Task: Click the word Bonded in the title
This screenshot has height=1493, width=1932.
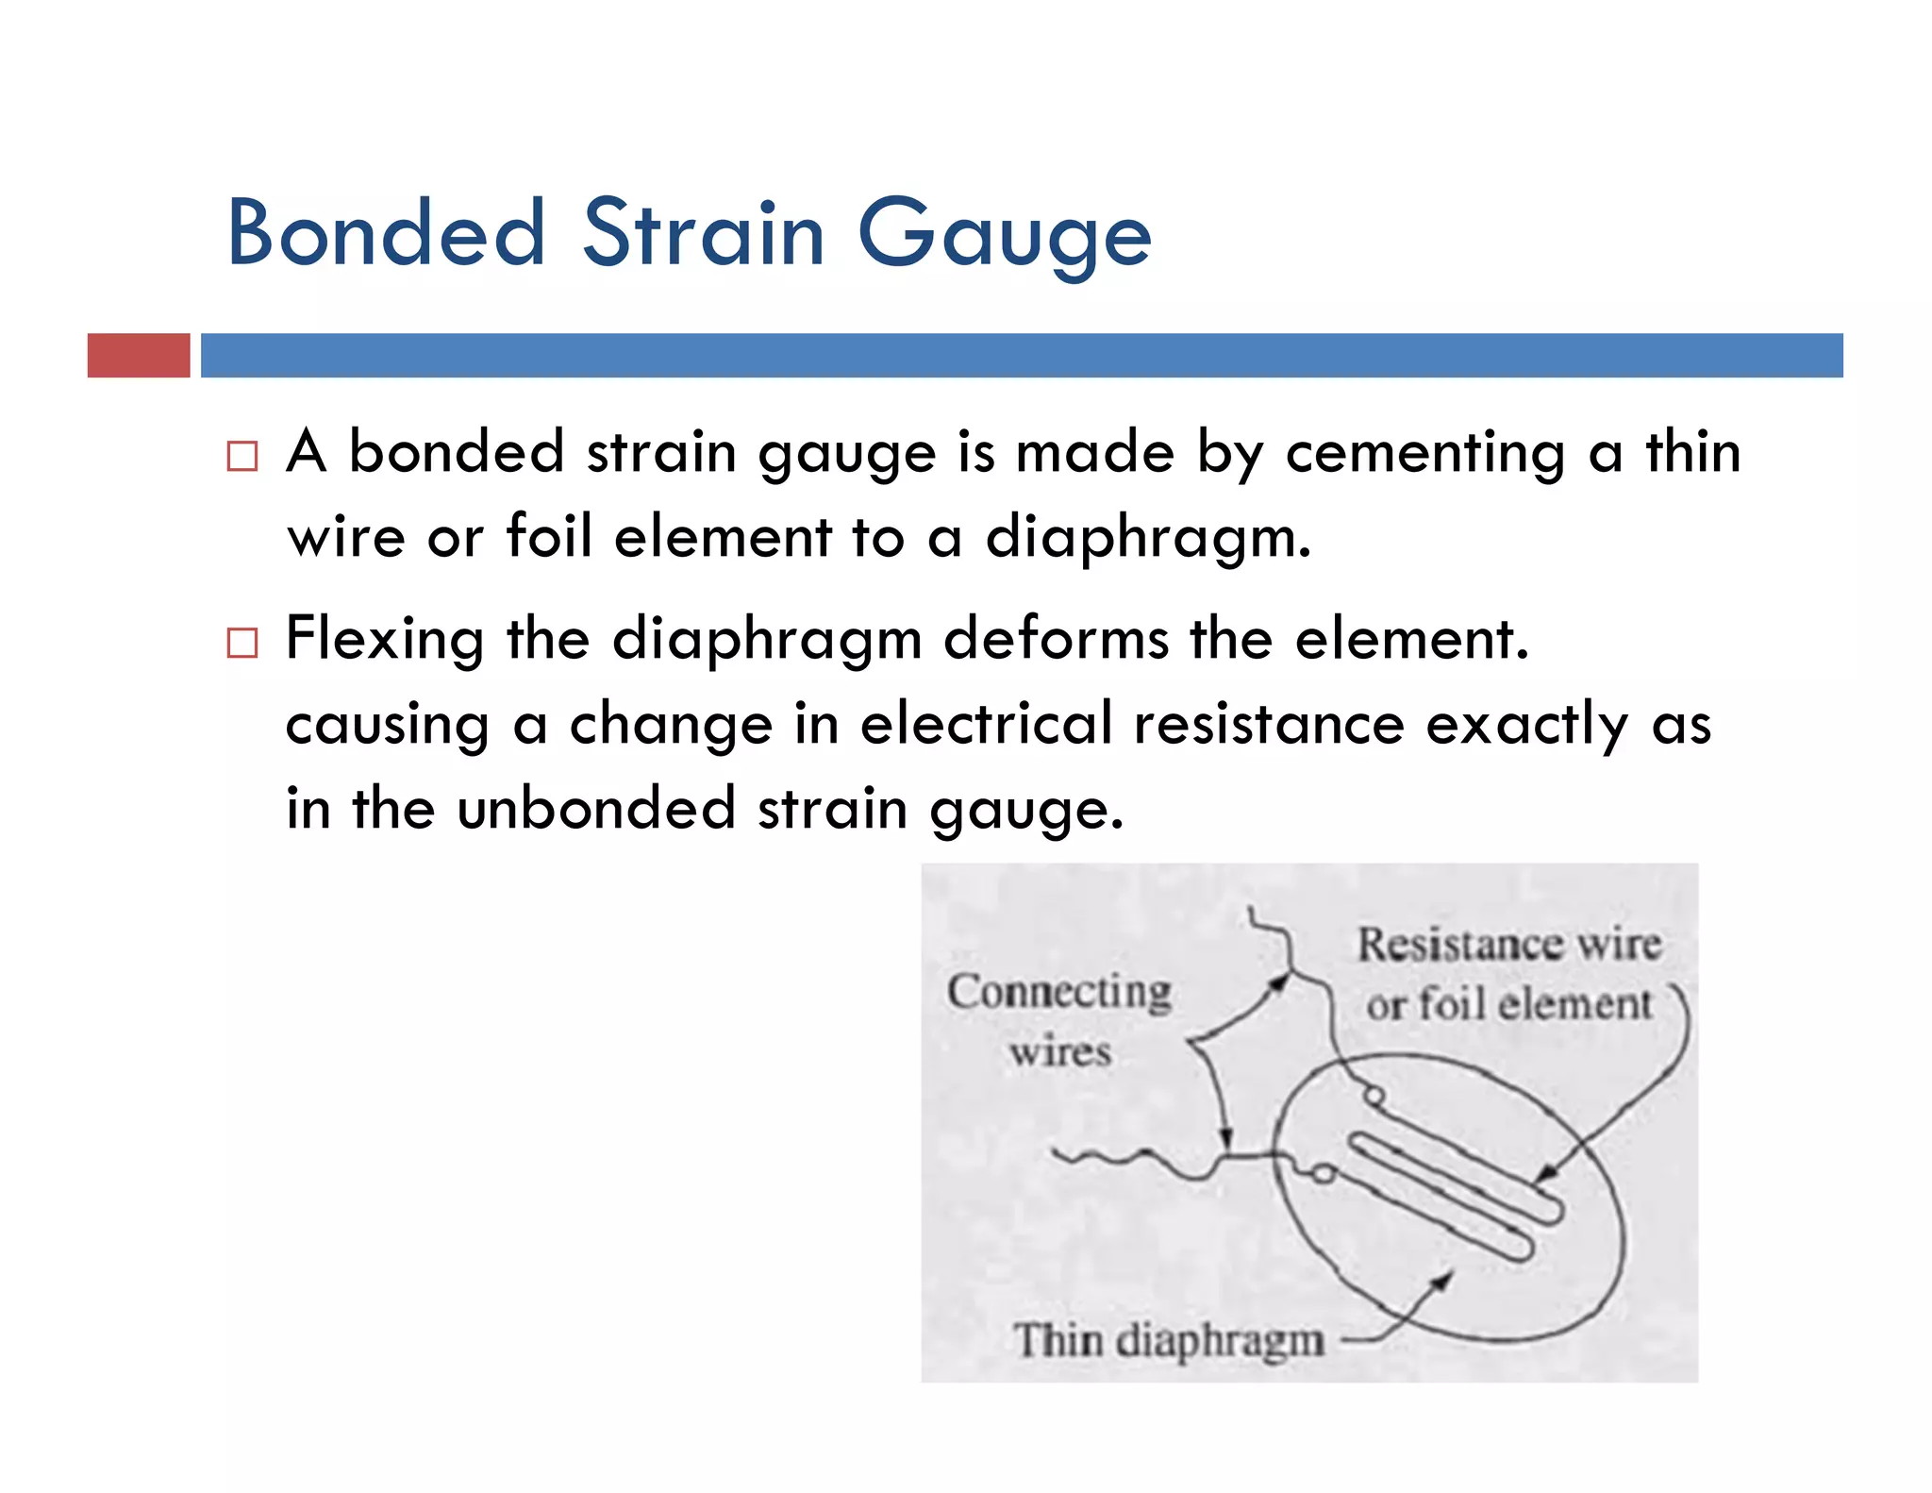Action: click(386, 233)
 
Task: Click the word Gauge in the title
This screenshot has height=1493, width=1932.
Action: click(1004, 236)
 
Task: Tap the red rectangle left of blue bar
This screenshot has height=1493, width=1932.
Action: click(139, 356)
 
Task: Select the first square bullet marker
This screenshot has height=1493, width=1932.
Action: click(242, 456)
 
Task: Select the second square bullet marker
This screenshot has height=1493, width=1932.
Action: click(242, 643)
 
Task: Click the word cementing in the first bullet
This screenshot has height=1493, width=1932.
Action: click(1424, 453)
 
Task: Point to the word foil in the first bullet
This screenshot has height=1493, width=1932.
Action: click(549, 536)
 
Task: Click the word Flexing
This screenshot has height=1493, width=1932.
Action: click(385, 640)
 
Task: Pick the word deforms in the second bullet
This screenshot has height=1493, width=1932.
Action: click(1056, 638)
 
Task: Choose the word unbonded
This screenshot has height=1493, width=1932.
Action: click(595, 809)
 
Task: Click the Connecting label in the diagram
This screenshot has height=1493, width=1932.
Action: click(1059, 993)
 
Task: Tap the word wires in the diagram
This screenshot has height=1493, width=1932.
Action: click(1060, 1051)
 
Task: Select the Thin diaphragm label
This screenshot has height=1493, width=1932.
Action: click(1169, 1340)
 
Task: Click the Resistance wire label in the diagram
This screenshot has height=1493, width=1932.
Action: click(1508, 945)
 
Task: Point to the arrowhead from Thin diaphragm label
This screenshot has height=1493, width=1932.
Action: click(1444, 1280)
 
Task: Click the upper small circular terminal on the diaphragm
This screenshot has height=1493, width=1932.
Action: click(1375, 1096)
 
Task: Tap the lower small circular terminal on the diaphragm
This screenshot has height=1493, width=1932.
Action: click(1324, 1174)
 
